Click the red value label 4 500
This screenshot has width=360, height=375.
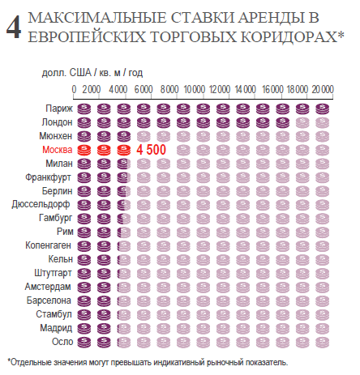coord(151,150)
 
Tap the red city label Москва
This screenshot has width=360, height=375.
coord(58,150)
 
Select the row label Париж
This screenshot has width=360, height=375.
coord(59,109)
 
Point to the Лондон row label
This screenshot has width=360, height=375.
coord(57,122)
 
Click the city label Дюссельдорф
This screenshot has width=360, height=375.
coord(41,205)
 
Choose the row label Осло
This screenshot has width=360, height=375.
coord(62,342)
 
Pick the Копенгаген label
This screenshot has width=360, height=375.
coord(48,245)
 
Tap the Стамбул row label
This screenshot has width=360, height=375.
coord(54,314)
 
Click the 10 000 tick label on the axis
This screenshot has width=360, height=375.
coord(195,89)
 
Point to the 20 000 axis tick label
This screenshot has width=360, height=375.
coord(323,89)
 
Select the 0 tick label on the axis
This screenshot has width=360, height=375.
coord(74,89)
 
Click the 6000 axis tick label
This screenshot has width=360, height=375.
coord(144,89)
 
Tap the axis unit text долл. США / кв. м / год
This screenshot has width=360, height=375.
coord(92,73)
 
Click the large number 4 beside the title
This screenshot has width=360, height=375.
coord(14,28)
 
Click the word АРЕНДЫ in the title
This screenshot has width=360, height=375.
coord(274,18)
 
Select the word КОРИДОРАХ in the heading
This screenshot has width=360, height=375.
coord(289,37)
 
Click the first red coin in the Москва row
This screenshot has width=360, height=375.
coord(84,150)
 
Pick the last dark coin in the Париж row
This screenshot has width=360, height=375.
coord(323,109)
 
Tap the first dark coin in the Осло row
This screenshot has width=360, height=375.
coord(84,343)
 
